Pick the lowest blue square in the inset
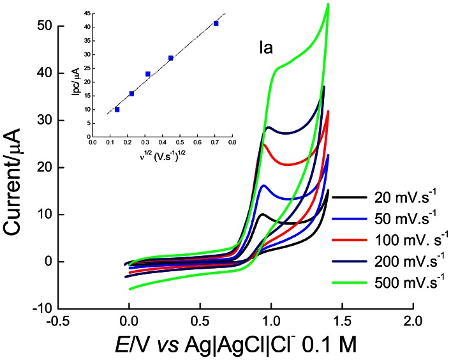coord(117,110)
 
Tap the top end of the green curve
coord(328,4)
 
